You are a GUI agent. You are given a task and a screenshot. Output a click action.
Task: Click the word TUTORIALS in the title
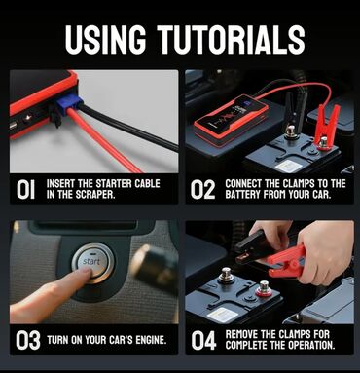pos(231,39)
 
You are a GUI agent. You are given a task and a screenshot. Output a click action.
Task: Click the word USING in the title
pos(105,39)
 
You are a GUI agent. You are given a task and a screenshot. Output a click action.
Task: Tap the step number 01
pos(26,189)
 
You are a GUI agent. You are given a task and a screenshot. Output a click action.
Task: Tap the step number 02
pos(202,189)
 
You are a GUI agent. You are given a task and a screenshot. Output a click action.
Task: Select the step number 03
pos(28,340)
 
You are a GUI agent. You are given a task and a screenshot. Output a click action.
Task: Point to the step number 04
pos(203,340)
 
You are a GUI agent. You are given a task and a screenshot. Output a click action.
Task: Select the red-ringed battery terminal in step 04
pos(264,288)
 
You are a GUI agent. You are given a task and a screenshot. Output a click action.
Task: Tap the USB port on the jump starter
pos(13,126)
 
